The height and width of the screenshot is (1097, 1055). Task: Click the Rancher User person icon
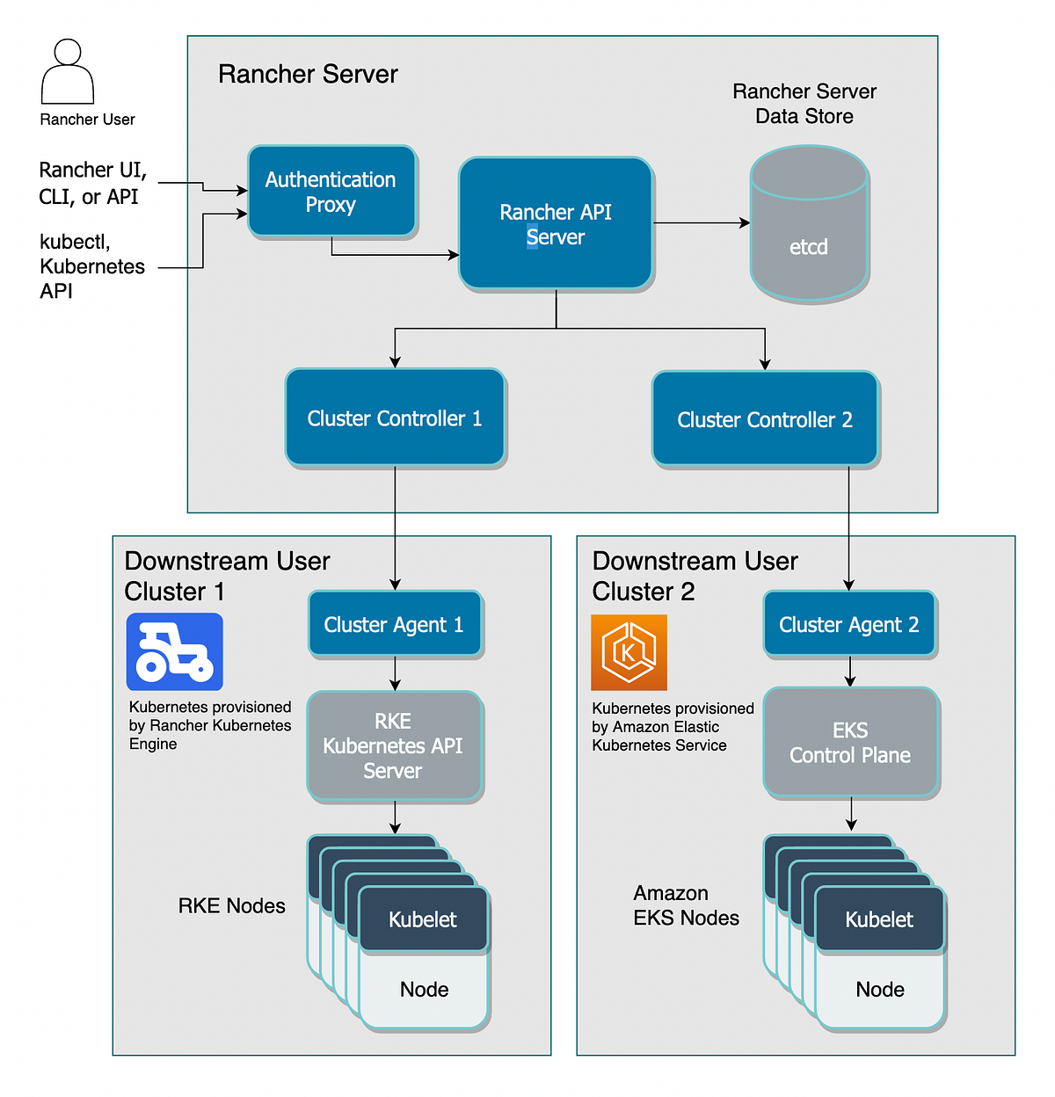click(x=68, y=72)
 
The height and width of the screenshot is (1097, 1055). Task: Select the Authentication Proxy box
click(x=331, y=192)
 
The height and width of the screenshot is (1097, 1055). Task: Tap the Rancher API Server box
click(x=555, y=223)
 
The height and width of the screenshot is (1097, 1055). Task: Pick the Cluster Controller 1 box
click(x=395, y=418)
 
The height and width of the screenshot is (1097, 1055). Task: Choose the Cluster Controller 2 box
click(x=764, y=419)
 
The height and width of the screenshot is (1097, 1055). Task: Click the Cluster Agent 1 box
click(x=394, y=624)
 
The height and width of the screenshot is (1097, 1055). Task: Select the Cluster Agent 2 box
click(x=849, y=624)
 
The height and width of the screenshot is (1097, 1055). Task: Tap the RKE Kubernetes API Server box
click(x=394, y=745)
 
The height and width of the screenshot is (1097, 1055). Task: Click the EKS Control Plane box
click(x=850, y=743)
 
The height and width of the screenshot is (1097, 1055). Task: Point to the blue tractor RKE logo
click(x=175, y=652)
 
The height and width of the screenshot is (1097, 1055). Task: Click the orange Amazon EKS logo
click(x=629, y=652)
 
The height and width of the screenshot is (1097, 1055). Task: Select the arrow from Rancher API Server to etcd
click(x=701, y=223)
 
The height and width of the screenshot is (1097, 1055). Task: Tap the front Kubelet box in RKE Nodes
click(x=423, y=919)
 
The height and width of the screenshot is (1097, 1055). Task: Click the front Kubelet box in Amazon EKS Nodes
click(x=879, y=919)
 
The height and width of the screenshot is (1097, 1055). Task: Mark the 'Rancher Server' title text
click(x=308, y=75)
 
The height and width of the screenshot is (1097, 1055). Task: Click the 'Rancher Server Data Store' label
click(x=804, y=104)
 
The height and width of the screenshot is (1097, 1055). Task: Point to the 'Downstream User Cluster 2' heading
click(x=695, y=576)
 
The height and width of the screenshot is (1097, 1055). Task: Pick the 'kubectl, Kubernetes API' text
click(x=91, y=266)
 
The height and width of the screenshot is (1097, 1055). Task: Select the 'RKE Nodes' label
click(x=231, y=906)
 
